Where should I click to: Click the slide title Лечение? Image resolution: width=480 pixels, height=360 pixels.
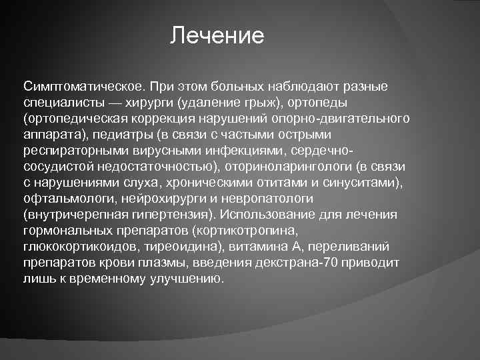217,35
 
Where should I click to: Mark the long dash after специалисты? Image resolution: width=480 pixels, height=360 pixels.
113,103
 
